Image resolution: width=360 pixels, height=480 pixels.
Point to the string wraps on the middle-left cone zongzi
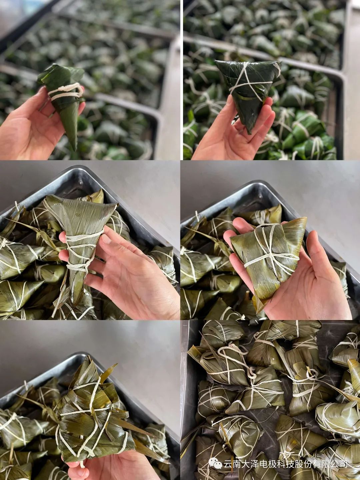tap(81, 251)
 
